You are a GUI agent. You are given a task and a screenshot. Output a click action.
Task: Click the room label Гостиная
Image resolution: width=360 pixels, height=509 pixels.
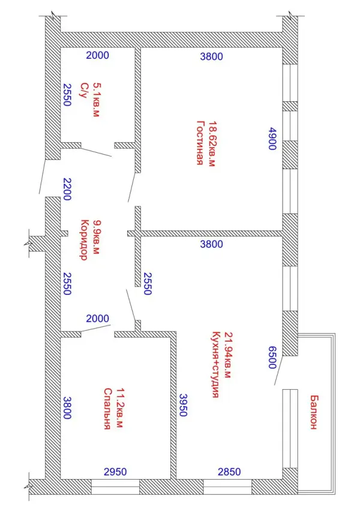point(201,143)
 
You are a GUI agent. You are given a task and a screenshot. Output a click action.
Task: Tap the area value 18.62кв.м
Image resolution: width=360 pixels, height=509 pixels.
point(212,144)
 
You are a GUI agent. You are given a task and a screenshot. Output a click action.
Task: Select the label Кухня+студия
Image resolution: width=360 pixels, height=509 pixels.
point(215,365)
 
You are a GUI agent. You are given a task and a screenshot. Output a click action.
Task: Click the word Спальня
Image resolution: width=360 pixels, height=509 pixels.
point(108,409)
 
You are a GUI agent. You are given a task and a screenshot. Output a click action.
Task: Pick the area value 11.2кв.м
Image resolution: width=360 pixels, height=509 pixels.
point(119,408)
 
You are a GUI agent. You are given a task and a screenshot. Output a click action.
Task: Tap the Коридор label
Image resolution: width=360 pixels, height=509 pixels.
point(85,240)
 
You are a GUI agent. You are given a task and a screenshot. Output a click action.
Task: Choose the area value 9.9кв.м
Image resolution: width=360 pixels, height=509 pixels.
point(97,237)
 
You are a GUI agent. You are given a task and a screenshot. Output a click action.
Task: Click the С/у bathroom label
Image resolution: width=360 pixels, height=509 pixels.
point(84,91)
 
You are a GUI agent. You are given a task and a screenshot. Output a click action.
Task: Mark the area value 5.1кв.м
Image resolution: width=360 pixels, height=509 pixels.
point(97,100)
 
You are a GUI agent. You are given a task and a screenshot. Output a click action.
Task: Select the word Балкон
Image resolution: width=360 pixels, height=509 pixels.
point(313,412)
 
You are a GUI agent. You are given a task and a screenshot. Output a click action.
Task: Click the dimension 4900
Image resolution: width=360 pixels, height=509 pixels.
point(272,138)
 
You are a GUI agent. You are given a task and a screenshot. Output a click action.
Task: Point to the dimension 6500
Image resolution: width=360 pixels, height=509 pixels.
point(272,357)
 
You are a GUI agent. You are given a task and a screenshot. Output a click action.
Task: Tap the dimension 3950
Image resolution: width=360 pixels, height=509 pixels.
point(183,405)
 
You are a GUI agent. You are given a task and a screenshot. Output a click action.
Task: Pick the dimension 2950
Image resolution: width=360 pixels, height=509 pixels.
point(115,472)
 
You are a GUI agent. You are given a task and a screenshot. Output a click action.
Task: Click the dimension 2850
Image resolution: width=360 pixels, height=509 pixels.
point(229,472)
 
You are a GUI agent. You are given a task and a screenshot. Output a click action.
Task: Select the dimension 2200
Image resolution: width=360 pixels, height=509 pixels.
point(67,189)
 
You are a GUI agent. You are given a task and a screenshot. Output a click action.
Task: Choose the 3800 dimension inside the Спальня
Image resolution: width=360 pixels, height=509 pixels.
point(67,408)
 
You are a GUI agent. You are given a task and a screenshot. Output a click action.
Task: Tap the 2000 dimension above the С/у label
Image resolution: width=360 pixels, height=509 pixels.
point(97,55)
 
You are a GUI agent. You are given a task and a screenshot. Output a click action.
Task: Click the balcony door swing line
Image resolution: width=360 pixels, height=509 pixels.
point(279,371)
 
